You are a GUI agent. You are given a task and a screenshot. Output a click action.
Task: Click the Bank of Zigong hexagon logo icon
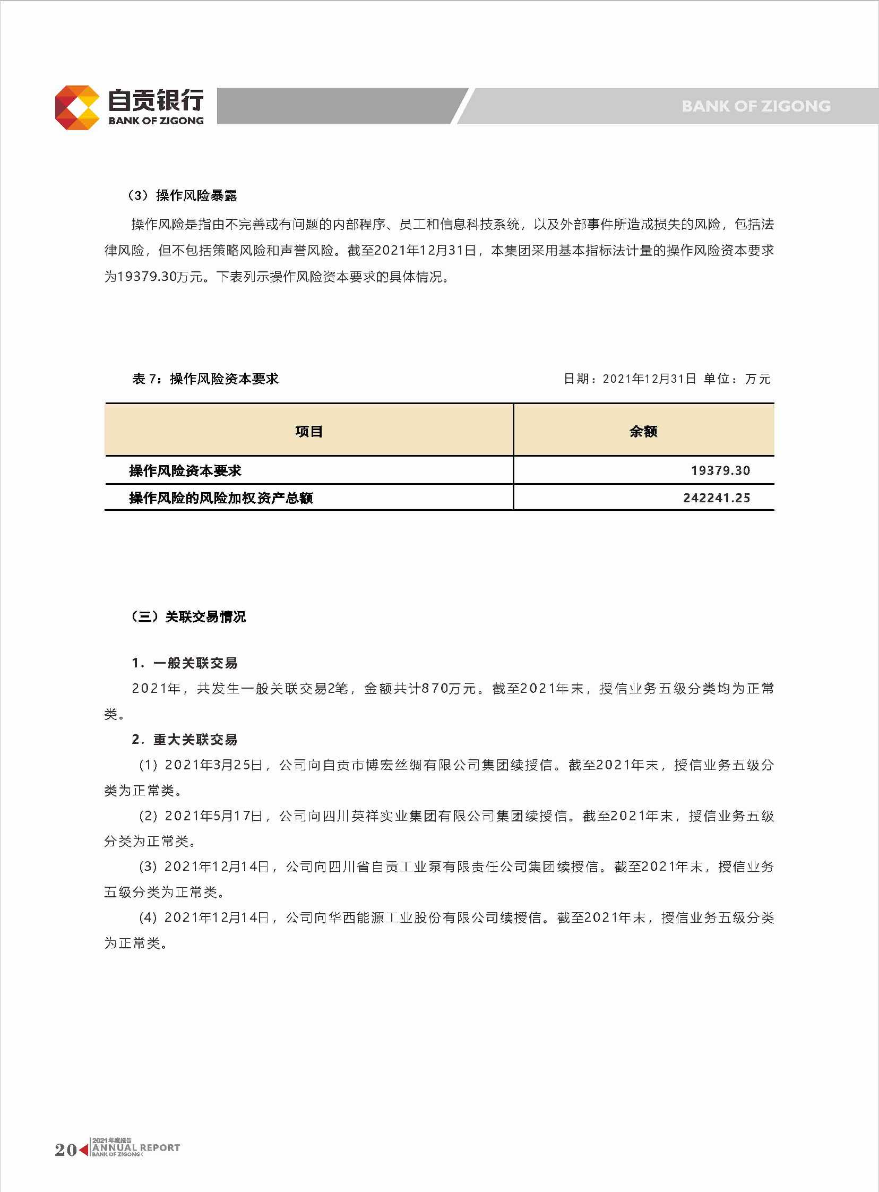[x=77, y=107]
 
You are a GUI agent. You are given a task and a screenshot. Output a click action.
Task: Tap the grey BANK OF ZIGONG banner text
[x=755, y=106]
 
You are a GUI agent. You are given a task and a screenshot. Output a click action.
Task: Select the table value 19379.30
[x=720, y=470]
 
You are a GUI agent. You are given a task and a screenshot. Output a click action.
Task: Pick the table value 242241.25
[x=716, y=498]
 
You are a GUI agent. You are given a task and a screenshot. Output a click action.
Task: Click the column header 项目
[x=308, y=431]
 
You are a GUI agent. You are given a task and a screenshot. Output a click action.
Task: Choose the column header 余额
[x=643, y=431]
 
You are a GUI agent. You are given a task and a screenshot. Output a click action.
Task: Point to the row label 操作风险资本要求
[x=185, y=470]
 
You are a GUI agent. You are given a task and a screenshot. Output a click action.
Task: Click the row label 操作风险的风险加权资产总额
[x=221, y=498]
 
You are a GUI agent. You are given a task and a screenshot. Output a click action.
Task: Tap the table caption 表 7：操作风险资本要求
[x=205, y=379]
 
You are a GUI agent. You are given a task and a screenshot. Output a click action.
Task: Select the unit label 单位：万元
[x=737, y=379]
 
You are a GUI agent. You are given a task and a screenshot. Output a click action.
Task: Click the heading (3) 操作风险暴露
[x=182, y=196]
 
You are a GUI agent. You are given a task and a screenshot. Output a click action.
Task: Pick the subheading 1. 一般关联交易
[x=184, y=663]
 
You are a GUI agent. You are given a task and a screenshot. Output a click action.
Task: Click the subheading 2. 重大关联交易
[x=184, y=740]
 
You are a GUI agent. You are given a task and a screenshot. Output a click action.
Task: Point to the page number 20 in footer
[x=65, y=1150]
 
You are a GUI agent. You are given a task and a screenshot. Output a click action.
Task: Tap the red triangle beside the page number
[x=84, y=1150]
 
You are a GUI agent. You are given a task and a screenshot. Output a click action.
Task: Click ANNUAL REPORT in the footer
[x=136, y=1148]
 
